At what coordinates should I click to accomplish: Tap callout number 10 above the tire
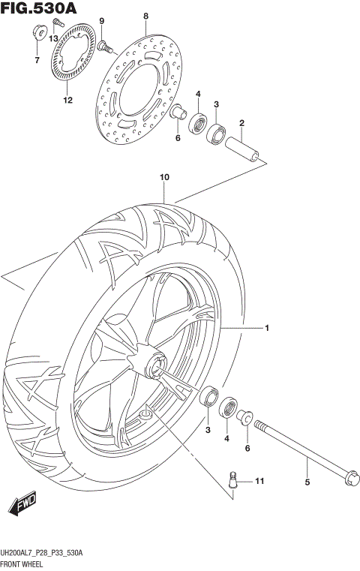coord(164,177)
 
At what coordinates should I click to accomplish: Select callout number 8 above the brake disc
coord(146,16)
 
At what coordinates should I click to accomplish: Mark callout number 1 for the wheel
coord(266,328)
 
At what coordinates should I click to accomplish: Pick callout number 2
coord(241,123)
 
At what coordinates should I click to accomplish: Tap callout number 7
coord(35,60)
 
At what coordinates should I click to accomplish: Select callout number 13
coord(54,38)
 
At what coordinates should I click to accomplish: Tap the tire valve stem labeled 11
coord(234,479)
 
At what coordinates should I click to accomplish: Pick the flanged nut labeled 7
coord(36,32)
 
